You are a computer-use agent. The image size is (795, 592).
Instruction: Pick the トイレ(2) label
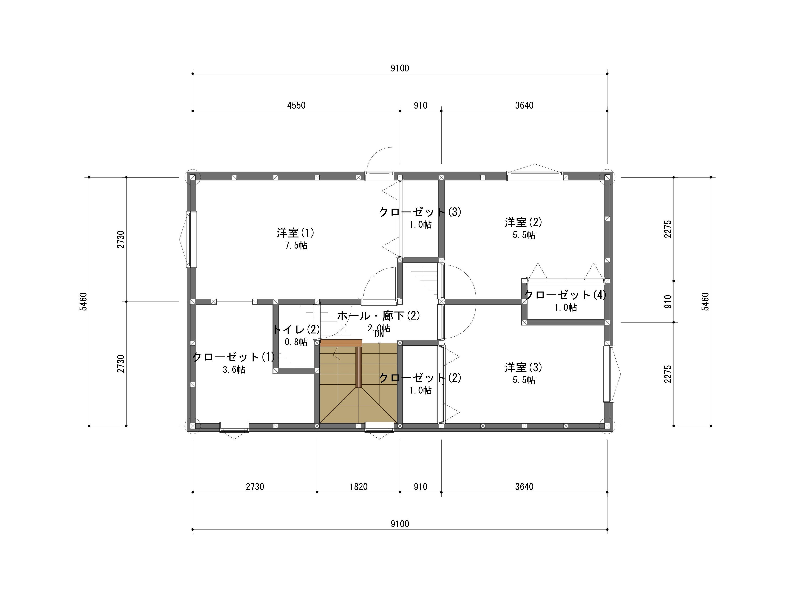point(296,329)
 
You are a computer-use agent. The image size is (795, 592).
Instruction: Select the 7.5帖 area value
point(296,245)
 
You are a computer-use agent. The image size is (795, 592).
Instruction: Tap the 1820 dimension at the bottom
point(358,487)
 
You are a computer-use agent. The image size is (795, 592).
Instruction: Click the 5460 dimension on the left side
point(83,302)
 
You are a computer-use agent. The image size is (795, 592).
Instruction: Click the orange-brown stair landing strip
point(341,343)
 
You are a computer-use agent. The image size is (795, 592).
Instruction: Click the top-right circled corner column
point(607,177)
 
